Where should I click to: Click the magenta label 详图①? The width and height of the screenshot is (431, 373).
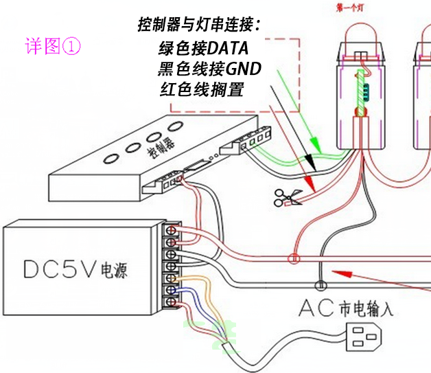pyautogui.click(x=53, y=46)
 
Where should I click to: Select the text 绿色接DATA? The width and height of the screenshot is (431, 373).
pyautogui.click(x=202, y=49)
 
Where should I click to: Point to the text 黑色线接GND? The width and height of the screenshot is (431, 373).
pyautogui.click(x=211, y=69)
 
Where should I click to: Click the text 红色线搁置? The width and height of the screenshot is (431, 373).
pyautogui.click(x=201, y=90)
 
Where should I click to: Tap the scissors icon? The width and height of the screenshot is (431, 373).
pyautogui.click(x=287, y=198)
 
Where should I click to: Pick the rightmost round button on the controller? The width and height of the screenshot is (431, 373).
pyautogui.click(x=176, y=125)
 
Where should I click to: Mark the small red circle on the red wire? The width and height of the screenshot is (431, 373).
pyautogui.click(x=294, y=260)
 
